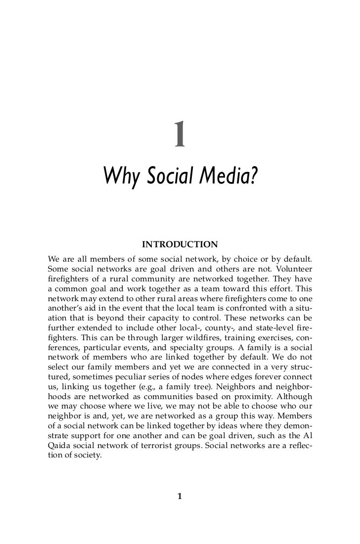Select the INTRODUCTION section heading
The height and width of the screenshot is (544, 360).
tap(180, 244)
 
